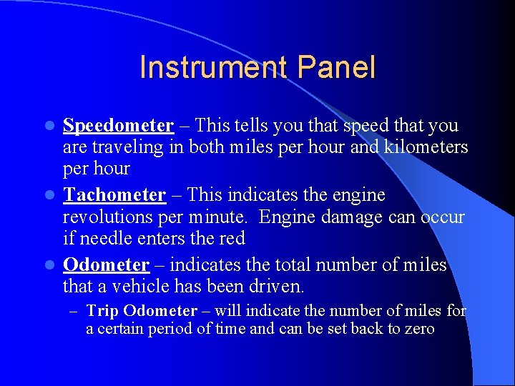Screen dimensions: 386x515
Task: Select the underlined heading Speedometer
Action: pos(118,126)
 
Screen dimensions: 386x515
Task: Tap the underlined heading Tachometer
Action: pos(114,195)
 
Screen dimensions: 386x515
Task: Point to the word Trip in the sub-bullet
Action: pos(102,311)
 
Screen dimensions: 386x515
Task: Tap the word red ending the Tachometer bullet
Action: pos(231,238)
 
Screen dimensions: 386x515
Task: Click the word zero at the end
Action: pos(418,330)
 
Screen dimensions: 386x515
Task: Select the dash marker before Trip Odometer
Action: pos(73,312)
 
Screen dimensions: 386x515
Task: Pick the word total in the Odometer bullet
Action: pos(306,265)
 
